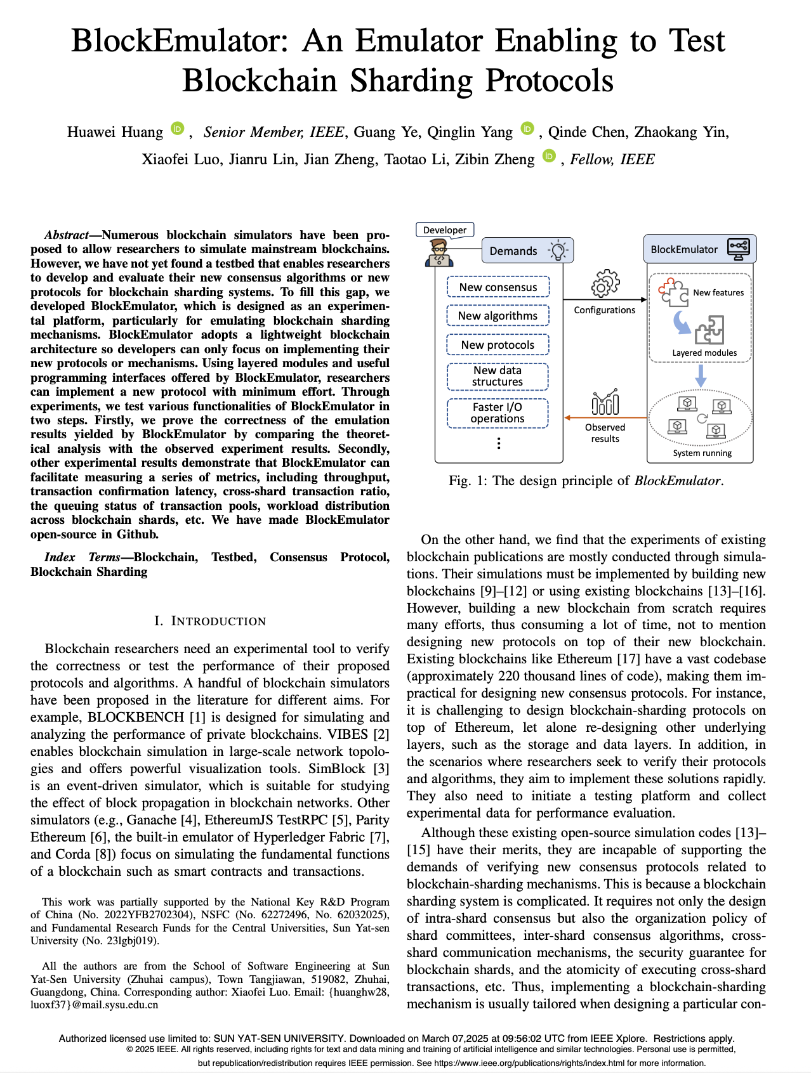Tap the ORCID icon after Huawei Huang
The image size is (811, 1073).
[178, 129]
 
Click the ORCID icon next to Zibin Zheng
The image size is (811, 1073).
[549, 157]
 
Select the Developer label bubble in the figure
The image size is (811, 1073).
[445, 230]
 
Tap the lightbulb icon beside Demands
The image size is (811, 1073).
[558, 250]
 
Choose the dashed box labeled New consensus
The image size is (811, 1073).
[498, 287]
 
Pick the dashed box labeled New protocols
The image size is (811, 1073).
[498, 345]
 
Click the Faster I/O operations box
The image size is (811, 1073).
[498, 413]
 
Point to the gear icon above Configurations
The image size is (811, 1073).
[605, 283]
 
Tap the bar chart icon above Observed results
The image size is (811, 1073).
[605, 402]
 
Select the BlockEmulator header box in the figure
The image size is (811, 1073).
[699, 249]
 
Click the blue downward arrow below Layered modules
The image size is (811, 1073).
[701, 375]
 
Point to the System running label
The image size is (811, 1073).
[702, 453]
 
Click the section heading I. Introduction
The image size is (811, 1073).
[210, 621]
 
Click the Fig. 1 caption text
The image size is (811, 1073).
[586, 481]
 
